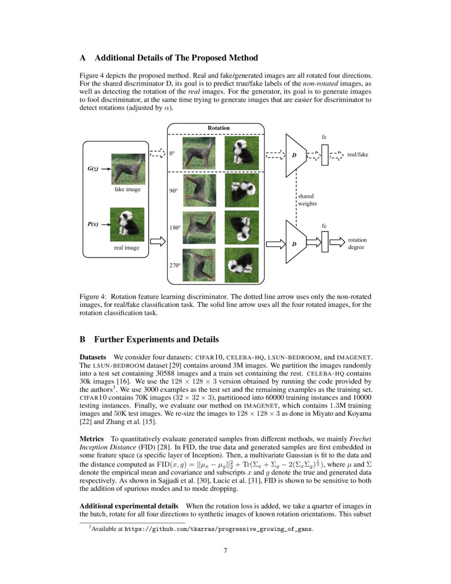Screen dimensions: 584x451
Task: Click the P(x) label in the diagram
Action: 92,224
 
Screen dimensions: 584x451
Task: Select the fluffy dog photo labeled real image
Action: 126,224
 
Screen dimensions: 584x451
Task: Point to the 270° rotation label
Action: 175,265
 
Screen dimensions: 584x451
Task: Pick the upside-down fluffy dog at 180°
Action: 241,227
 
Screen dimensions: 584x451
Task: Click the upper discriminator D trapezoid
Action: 295,155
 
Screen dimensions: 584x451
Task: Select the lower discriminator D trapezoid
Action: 295,243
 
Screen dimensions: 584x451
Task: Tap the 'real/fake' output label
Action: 357,154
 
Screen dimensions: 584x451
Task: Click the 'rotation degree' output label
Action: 357,244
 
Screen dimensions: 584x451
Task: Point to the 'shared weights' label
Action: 307,200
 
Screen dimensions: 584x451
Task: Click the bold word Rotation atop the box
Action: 218,128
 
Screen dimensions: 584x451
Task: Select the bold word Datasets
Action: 93,357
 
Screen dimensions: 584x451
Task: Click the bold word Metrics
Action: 91,439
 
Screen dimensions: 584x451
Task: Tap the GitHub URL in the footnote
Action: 218,529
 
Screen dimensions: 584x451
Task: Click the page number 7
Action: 226,550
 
